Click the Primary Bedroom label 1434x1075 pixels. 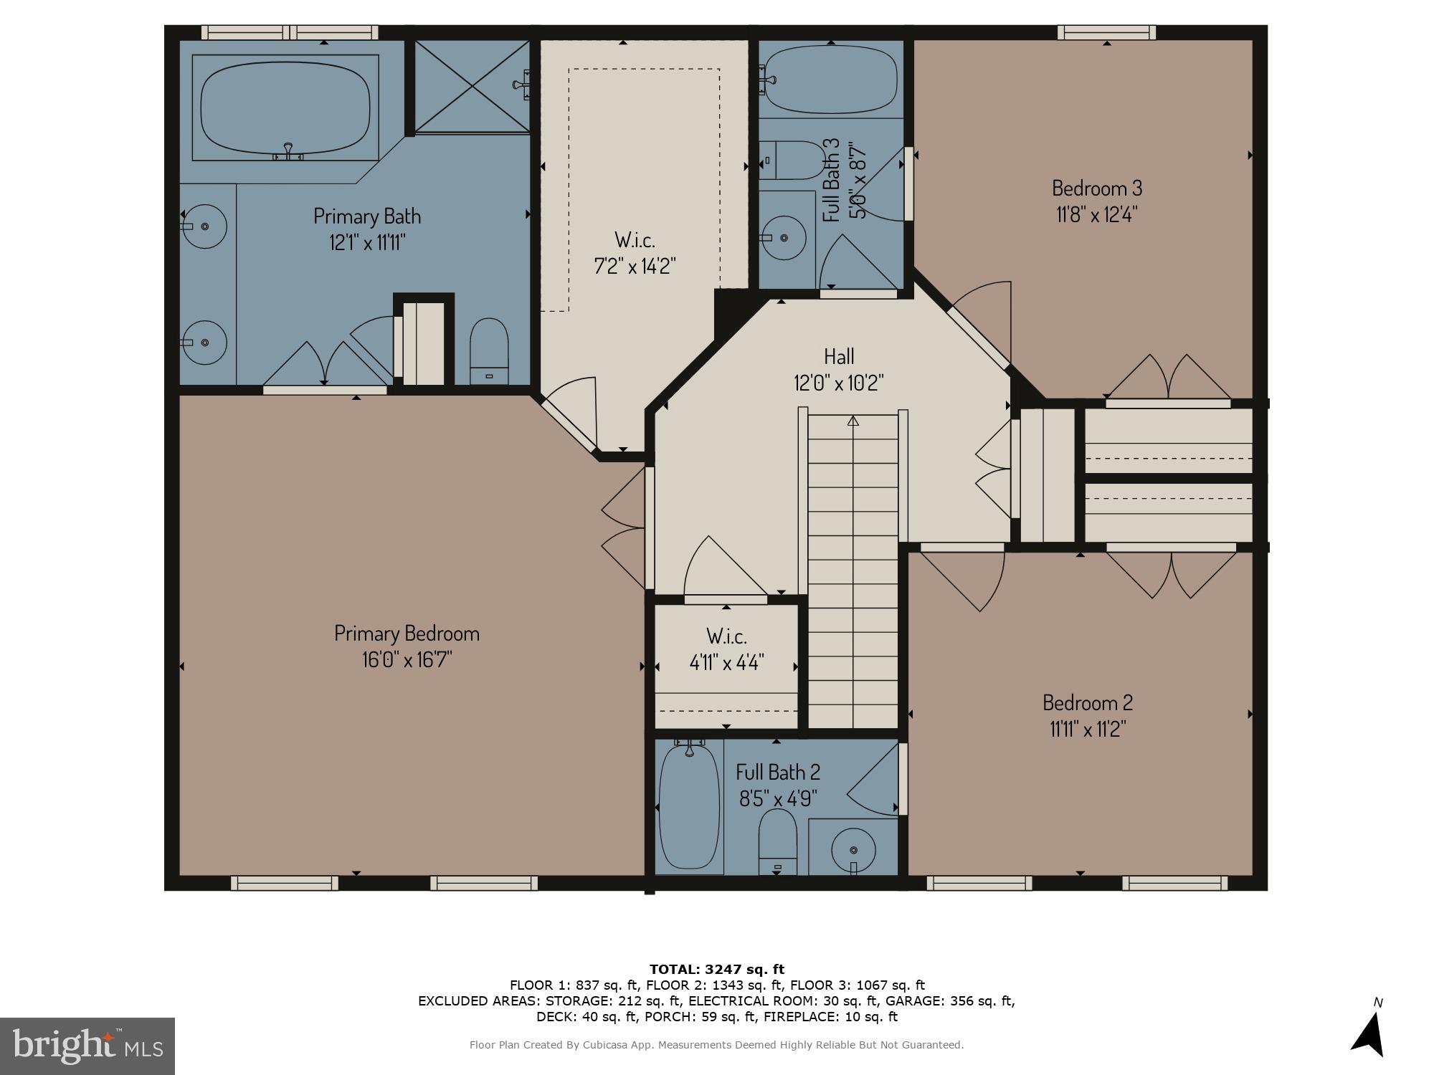[x=407, y=634]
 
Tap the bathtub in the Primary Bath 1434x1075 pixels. [x=285, y=105]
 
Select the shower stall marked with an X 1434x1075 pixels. [x=472, y=87]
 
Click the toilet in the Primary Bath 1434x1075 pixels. [x=489, y=351]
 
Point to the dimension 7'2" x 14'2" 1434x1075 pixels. [x=635, y=267]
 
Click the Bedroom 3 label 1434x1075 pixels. [x=1096, y=188]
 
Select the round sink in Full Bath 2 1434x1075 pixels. [x=853, y=850]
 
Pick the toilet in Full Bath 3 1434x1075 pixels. [x=792, y=160]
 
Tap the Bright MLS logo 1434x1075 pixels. [x=87, y=1046]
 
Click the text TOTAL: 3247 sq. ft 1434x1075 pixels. [x=717, y=970]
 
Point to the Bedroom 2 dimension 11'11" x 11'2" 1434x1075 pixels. [x=1088, y=730]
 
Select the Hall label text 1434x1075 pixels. [x=838, y=356]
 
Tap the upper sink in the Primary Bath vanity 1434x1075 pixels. [x=204, y=226]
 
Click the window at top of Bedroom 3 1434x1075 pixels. [x=1106, y=32]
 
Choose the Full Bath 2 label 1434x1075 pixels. [x=778, y=772]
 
